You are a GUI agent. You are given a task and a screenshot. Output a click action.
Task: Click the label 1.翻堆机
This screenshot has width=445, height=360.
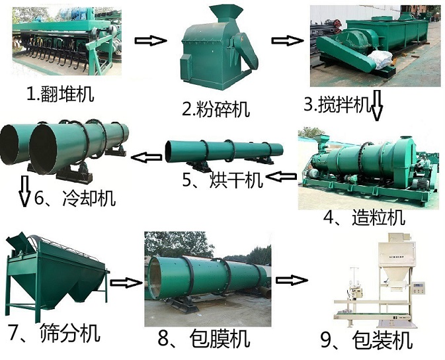60,94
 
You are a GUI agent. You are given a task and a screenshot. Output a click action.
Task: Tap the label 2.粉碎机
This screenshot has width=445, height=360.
216,109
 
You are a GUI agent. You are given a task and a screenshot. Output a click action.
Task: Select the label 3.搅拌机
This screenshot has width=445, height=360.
337,105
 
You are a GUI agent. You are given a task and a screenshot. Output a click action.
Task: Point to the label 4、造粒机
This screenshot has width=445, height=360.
364,218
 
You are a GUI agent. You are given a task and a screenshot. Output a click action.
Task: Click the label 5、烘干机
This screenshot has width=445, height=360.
222,179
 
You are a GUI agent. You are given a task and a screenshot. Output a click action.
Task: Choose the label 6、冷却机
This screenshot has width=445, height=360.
75,198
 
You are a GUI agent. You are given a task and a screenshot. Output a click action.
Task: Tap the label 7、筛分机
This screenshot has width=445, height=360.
54,333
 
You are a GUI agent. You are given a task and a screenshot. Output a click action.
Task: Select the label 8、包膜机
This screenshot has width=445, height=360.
204,338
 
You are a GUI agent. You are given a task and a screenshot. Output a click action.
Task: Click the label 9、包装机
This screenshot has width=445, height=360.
366,340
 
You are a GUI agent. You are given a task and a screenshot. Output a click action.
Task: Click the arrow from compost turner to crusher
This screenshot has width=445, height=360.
151,40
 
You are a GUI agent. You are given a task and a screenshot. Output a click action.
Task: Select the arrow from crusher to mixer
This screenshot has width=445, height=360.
287,40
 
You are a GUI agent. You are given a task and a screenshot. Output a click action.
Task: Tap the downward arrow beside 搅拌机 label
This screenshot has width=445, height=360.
377,105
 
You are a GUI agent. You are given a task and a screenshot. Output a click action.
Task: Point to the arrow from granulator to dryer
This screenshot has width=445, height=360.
281,177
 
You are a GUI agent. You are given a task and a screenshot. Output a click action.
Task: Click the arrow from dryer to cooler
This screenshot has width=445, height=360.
146,157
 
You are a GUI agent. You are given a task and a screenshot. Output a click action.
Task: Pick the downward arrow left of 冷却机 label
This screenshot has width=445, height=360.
24,191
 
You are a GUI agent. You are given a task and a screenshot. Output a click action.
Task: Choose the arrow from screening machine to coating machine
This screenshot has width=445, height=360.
126,283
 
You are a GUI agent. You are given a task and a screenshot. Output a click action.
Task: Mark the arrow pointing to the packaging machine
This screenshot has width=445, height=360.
292,280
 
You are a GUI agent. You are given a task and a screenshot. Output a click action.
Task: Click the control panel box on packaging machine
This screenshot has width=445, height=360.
419,289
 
